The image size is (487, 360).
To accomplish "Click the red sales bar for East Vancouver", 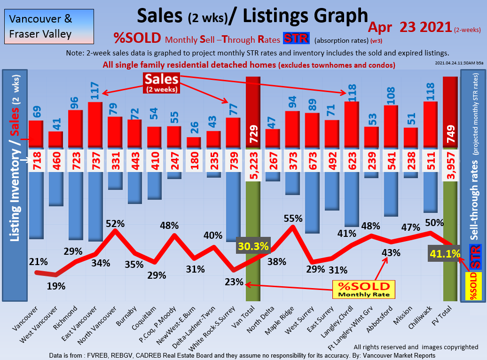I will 95,125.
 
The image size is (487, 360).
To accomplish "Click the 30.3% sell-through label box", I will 253,246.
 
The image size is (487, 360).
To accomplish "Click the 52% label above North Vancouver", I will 115,224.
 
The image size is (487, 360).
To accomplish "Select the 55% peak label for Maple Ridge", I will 293,219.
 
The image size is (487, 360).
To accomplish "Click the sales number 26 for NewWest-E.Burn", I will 194,127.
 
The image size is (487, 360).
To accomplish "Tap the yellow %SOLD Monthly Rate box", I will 364,290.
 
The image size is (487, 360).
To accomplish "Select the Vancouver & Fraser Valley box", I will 47,26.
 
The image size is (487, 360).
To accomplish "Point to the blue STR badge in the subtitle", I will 296,39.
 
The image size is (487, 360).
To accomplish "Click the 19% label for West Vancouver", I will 56,286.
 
